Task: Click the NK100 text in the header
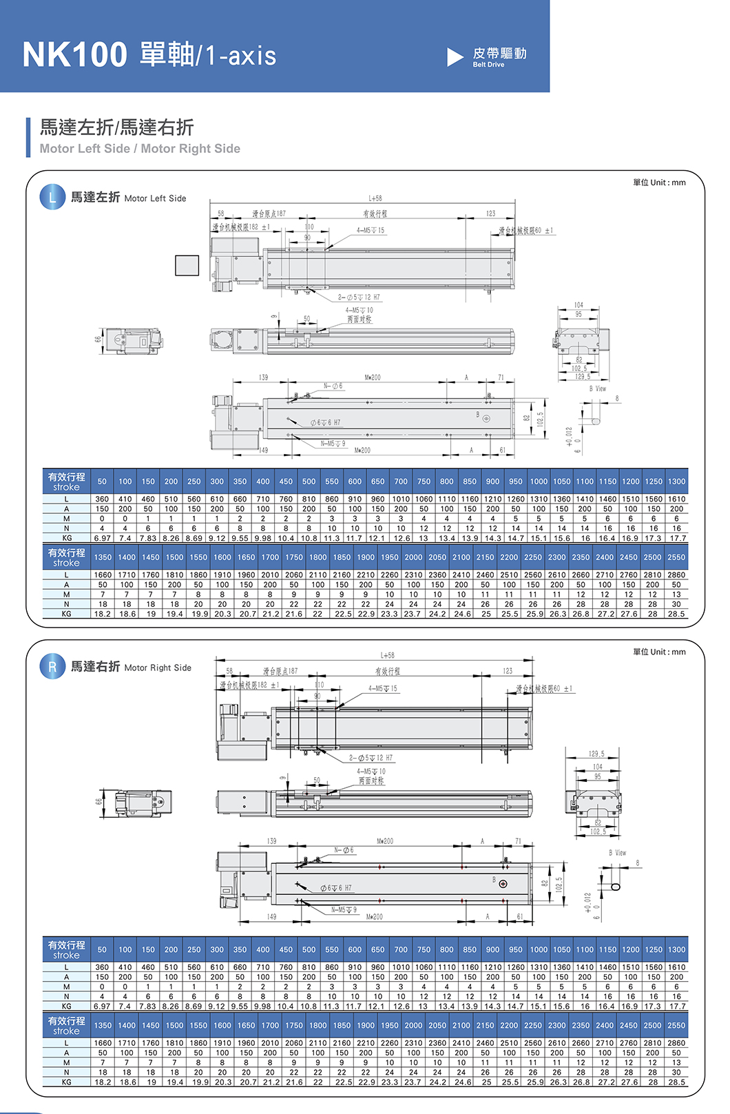click(x=74, y=54)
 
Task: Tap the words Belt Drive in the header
click(x=488, y=65)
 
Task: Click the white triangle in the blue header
click(x=455, y=57)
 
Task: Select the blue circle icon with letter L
click(x=52, y=198)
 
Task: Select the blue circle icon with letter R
click(x=52, y=667)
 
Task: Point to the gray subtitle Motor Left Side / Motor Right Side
click(x=140, y=149)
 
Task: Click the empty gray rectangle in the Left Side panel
click(x=187, y=265)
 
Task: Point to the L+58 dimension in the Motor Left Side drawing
click(x=375, y=198)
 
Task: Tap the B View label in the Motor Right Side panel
click(x=617, y=853)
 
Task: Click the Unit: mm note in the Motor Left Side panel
click(x=659, y=183)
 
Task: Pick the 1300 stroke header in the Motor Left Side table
click(x=676, y=482)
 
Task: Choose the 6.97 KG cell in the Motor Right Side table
click(x=102, y=1007)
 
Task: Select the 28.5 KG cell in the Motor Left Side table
click(x=676, y=614)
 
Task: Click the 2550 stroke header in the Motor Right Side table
click(x=676, y=1025)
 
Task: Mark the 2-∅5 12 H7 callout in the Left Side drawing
click(x=359, y=298)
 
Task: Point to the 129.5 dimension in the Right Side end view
click(x=597, y=754)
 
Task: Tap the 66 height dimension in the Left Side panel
click(x=98, y=339)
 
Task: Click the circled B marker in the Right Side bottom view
click(x=503, y=884)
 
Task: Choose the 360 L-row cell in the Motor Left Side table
click(x=102, y=499)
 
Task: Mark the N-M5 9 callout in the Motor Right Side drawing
click(x=344, y=910)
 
